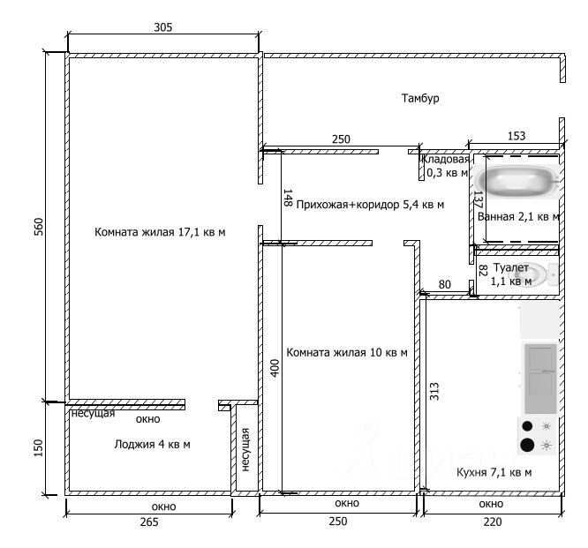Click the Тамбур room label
click(x=419, y=99)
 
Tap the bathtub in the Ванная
click(x=519, y=182)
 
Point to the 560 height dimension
click(x=38, y=227)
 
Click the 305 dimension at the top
click(x=162, y=27)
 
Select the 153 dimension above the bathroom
click(x=516, y=136)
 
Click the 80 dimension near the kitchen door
click(x=444, y=284)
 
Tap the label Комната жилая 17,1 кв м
click(x=161, y=233)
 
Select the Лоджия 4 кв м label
click(x=153, y=445)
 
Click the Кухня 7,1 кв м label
click(x=494, y=472)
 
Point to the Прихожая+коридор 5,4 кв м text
click(x=370, y=205)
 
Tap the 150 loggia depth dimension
click(x=38, y=449)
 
